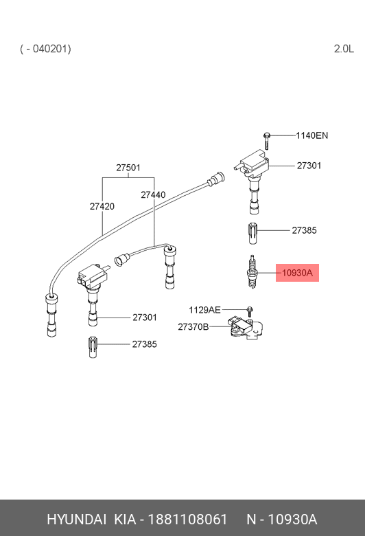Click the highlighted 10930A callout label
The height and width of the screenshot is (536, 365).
click(x=297, y=273)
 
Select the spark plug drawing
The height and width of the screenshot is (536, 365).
click(x=252, y=272)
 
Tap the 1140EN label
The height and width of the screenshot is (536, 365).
click(x=311, y=135)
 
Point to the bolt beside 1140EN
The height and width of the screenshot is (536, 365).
click(x=266, y=140)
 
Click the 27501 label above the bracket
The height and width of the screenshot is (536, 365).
click(x=128, y=168)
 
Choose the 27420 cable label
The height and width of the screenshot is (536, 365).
click(x=102, y=206)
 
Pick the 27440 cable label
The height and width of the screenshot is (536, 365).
click(x=153, y=194)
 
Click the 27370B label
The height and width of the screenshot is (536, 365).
click(x=193, y=327)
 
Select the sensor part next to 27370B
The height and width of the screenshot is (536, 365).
click(x=246, y=328)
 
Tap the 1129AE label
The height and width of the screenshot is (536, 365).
click(x=205, y=310)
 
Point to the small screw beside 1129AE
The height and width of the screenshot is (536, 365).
click(x=250, y=311)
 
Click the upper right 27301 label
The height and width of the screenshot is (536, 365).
click(x=309, y=166)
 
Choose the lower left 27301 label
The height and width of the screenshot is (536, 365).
click(x=145, y=317)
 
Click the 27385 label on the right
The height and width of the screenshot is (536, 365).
click(x=304, y=230)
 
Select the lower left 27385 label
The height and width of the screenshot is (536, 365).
click(x=145, y=344)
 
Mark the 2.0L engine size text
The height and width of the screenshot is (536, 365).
click(x=344, y=49)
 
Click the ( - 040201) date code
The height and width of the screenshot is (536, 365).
click(x=45, y=49)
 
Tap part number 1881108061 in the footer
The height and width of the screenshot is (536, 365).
click(x=187, y=520)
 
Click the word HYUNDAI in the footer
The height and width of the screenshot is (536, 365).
click(x=76, y=520)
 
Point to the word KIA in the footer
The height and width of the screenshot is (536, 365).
click(x=125, y=520)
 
